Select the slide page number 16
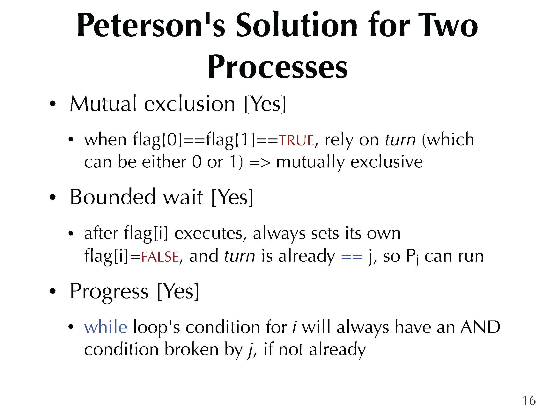(529, 400)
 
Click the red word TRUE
(296, 140)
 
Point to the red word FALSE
(160, 257)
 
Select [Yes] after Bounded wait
(233, 197)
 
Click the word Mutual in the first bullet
(103, 104)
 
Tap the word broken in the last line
(192, 349)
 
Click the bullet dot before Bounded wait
(52, 198)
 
